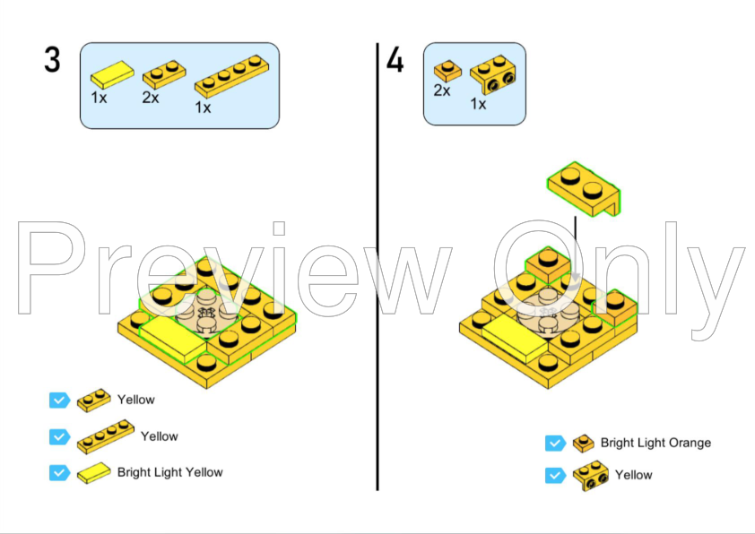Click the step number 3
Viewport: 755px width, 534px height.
(53, 60)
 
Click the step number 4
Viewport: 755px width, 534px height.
(395, 61)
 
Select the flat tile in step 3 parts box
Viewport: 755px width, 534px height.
(113, 74)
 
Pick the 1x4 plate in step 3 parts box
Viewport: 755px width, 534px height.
(231, 76)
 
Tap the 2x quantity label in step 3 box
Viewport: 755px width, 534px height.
(151, 98)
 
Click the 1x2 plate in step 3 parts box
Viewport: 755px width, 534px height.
(164, 74)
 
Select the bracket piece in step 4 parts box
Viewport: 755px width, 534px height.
(493, 74)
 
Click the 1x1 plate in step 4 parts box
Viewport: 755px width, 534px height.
(447, 71)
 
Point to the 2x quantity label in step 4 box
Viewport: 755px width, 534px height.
(441, 90)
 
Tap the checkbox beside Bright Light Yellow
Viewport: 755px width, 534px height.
(60, 472)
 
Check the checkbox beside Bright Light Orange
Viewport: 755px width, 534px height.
(555, 444)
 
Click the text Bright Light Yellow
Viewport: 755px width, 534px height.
(170, 472)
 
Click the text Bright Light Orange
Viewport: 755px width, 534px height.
(655, 443)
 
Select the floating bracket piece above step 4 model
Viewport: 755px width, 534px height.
(584, 188)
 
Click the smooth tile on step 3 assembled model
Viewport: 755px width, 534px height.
(173, 339)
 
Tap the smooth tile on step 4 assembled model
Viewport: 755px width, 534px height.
(515, 339)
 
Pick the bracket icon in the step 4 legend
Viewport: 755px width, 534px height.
(591, 476)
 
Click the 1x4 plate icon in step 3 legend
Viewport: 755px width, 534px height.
(106, 437)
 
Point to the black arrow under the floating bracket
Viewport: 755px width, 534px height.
(576, 250)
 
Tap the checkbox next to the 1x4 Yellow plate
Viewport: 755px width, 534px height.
(60, 437)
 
